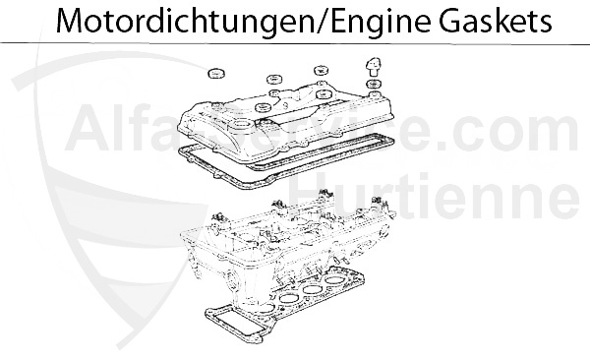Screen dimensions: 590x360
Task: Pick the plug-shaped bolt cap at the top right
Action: pyautogui.click(x=372, y=67)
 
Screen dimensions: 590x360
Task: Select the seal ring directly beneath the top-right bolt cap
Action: pyautogui.click(x=372, y=87)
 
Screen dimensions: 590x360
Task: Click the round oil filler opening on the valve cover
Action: pyautogui.click(x=263, y=106)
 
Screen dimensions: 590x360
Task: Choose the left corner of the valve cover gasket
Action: pyautogui.click(x=182, y=150)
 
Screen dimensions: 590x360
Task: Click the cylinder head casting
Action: pyautogui.click(x=285, y=246)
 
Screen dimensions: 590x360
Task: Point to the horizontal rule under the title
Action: pyautogui.click(x=295, y=44)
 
